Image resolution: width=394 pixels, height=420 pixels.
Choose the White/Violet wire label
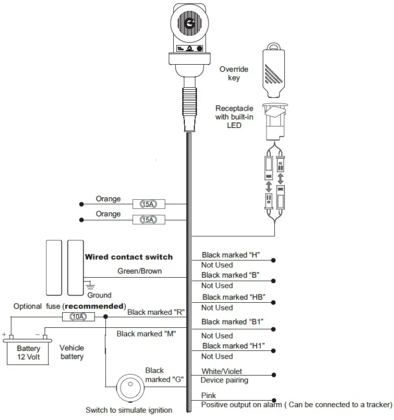pyautogui.click(x=222, y=371)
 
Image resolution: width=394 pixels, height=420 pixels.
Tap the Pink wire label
pyautogui.click(x=209, y=395)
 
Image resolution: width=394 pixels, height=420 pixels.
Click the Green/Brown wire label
pyautogui.click(x=140, y=271)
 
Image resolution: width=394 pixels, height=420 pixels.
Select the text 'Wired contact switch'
pyautogui.click(x=128, y=257)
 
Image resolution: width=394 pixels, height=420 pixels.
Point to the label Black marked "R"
pyautogui.click(x=156, y=312)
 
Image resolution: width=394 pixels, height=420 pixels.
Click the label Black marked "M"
pyautogui.click(x=146, y=333)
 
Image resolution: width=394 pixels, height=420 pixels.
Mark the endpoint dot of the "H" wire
pyautogui.click(x=274, y=260)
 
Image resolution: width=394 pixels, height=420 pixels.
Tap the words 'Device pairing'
pyautogui.click(x=225, y=380)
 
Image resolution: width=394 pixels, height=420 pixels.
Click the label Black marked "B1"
pyautogui.click(x=232, y=322)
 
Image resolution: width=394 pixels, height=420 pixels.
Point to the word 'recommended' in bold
pyautogui.click(x=94, y=306)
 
